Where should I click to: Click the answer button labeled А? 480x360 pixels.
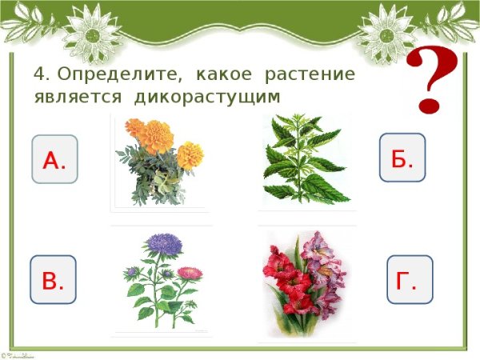point(54,160)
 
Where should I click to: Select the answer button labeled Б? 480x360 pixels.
point(402,158)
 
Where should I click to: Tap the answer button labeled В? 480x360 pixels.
point(53,281)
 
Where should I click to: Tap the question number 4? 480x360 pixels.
point(41,74)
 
